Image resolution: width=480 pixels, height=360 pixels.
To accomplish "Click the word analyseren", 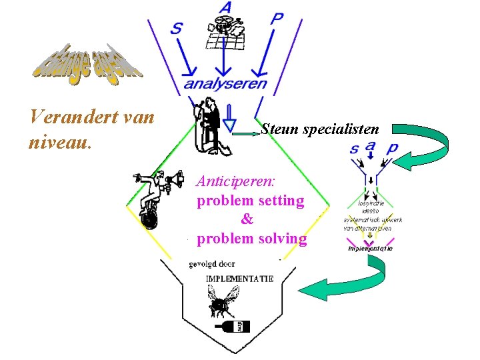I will (x=225, y=85).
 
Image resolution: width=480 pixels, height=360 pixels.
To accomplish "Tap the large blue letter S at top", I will (x=177, y=27).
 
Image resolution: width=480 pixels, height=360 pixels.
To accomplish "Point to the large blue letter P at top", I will (x=276, y=19).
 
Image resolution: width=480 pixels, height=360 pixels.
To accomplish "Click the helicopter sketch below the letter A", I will (x=226, y=29).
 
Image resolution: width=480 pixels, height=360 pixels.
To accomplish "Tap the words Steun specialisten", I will (x=320, y=129).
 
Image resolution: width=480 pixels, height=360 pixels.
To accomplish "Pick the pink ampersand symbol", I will (x=247, y=219).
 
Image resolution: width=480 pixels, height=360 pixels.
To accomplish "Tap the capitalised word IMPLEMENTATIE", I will (x=239, y=279).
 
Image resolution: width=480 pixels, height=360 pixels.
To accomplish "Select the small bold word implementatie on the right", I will (x=370, y=249).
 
